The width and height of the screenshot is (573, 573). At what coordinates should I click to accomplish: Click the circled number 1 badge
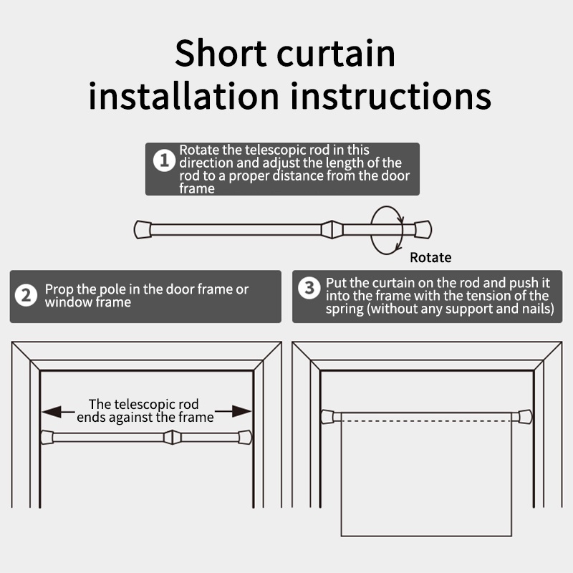(164, 160)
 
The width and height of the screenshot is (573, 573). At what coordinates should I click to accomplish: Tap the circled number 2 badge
(26, 295)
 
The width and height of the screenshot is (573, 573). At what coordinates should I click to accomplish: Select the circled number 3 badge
(309, 288)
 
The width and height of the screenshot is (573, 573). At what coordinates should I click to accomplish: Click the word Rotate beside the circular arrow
(430, 258)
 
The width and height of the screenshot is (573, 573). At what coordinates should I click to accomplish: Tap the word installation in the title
(184, 95)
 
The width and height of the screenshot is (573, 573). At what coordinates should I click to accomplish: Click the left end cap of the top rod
(143, 229)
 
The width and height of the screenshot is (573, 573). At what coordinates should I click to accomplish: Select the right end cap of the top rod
(423, 229)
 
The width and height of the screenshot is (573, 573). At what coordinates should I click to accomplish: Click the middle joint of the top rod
(332, 229)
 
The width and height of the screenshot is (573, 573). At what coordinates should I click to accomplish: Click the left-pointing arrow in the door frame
(59, 411)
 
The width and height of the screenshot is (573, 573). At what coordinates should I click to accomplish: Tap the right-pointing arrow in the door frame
(233, 411)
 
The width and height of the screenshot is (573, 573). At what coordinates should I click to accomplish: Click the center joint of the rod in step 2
(172, 437)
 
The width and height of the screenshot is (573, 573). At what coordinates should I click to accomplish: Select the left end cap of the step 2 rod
(47, 437)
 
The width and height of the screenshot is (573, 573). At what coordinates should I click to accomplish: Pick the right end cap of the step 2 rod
(245, 437)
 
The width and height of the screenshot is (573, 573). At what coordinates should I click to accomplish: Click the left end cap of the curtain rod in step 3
(327, 417)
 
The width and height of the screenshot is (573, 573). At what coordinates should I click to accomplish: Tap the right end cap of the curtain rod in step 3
(526, 417)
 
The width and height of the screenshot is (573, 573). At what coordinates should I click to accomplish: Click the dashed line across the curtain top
(426, 421)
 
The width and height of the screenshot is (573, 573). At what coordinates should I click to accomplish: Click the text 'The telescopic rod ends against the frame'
(145, 410)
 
